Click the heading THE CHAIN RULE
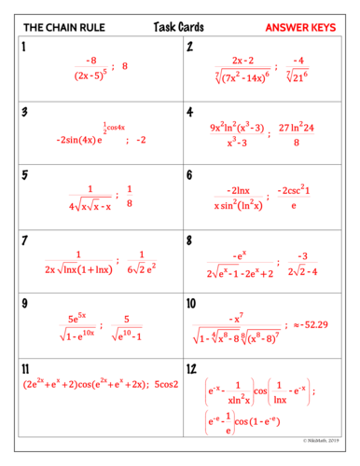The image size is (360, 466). point(56,28)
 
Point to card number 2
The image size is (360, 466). point(190,48)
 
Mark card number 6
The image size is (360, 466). point(190,174)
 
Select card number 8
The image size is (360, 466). point(190,240)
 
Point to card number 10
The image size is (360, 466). point(192,303)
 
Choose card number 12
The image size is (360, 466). point(192,368)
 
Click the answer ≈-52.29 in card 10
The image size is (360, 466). point(316,323)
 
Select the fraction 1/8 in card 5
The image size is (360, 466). point(129,196)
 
